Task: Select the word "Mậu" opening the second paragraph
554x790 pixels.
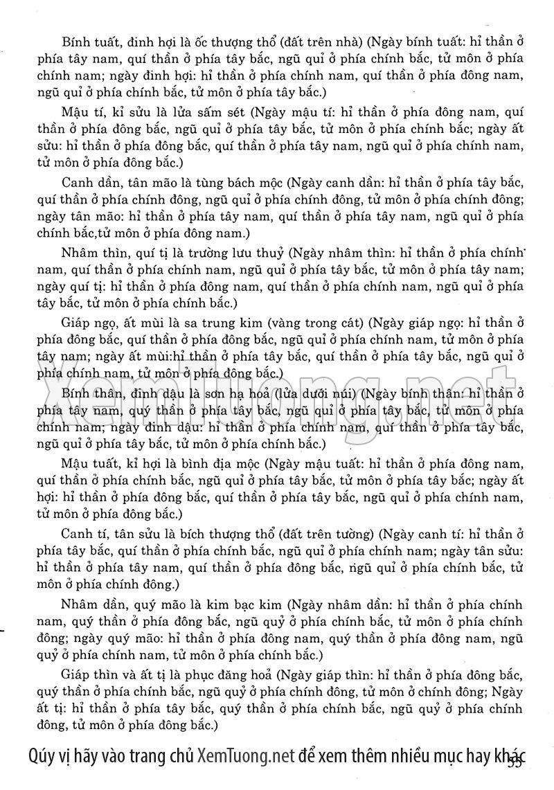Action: [75, 111]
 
